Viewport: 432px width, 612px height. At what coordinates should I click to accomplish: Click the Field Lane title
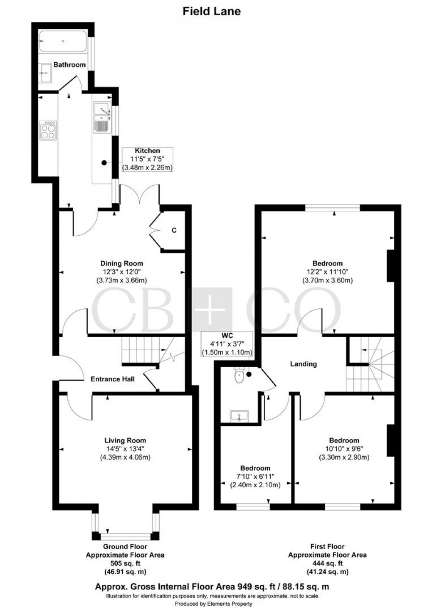click(211, 11)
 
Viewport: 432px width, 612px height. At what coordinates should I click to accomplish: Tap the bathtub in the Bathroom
click(63, 42)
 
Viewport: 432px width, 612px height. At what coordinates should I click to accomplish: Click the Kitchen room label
click(147, 151)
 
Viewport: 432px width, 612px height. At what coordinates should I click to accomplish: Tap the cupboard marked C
click(174, 230)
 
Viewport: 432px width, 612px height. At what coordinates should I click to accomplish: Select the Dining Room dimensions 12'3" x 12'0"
click(122, 272)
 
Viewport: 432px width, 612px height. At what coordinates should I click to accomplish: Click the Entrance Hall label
click(113, 379)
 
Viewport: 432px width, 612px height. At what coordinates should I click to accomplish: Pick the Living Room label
click(125, 440)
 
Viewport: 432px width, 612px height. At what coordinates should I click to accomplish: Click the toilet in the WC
click(239, 375)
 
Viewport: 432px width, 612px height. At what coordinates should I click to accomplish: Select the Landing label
click(303, 364)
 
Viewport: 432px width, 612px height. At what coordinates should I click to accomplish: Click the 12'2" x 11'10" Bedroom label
click(327, 263)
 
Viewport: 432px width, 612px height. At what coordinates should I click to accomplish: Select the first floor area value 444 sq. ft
click(327, 563)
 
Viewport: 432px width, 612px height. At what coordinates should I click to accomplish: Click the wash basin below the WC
click(240, 416)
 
